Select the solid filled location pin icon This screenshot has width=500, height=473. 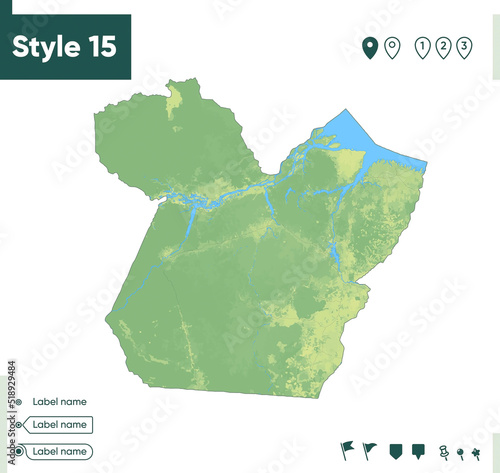pyautogui.click(x=370, y=46)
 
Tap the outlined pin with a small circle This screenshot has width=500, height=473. pyautogui.click(x=392, y=46)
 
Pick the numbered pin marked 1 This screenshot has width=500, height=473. pyautogui.click(x=423, y=46)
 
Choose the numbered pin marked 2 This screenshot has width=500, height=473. pyautogui.click(x=444, y=46)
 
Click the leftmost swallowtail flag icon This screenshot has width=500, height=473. pyautogui.click(x=347, y=450)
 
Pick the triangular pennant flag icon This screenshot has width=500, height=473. pyautogui.click(x=370, y=450)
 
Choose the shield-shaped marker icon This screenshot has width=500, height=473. pyautogui.click(x=395, y=450)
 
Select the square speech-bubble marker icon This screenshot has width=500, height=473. pyautogui.click(x=418, y=450)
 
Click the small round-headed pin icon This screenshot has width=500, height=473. pyautogui.click(x=460, y=452)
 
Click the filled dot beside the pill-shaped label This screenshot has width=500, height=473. pyautogui.click(x=19, y=451)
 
